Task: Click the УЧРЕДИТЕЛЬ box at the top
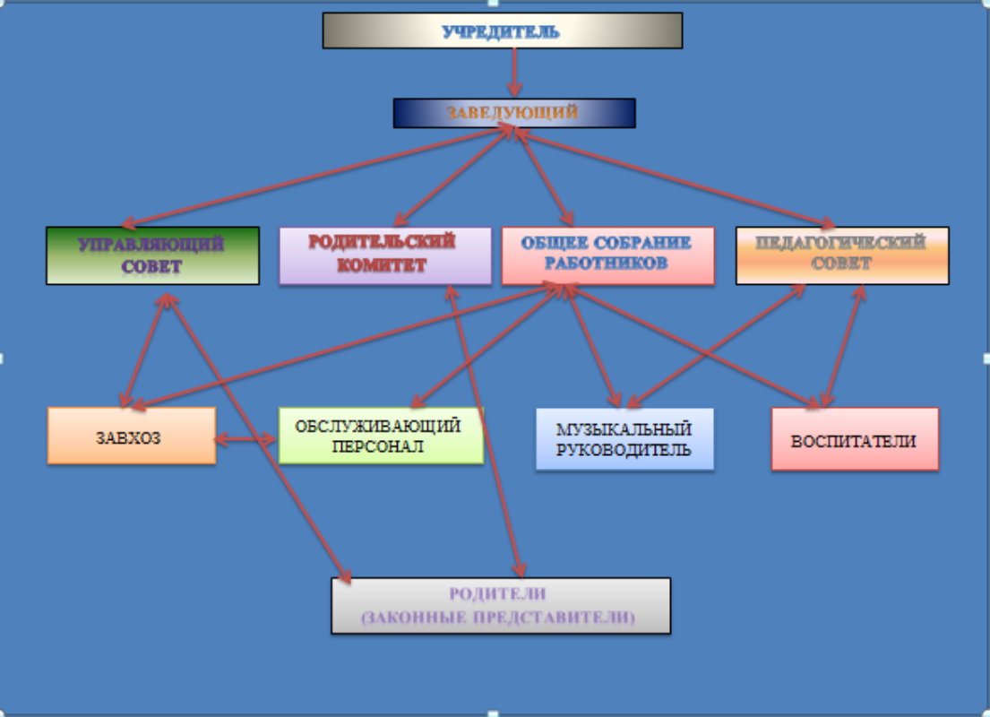502,30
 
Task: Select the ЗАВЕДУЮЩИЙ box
513,113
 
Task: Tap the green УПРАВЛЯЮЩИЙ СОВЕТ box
152,255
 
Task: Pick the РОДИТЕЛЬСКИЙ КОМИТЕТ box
384,255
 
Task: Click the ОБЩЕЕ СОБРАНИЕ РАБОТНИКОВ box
607,255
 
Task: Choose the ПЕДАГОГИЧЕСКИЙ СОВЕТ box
841,255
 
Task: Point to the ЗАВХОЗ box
131,436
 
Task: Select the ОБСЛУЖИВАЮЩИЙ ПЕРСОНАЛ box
380,436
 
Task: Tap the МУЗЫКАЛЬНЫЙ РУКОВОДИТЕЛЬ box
624,439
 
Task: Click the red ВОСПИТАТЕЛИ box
854,439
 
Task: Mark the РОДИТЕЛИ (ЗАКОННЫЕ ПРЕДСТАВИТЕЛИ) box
500,606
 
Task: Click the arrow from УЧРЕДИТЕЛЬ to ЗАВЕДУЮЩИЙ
514,72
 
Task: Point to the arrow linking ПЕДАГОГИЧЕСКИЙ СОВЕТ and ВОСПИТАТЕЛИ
842,345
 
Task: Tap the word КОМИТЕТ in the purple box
383,266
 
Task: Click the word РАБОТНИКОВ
607,265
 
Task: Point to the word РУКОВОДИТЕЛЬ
624,450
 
